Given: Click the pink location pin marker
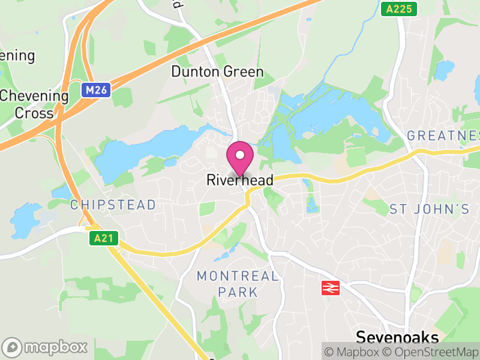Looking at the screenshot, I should [240, 160].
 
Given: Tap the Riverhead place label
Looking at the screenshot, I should [240, 180].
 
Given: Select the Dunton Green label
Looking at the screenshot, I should [217, 72].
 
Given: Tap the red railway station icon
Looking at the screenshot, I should [329, 288].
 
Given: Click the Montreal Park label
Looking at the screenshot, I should [238, 284].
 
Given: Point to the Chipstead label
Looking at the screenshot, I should [113, 205].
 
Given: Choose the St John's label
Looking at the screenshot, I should [429, 209].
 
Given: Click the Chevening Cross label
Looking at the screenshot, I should [34, 104].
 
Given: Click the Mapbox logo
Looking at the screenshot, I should [46, 347].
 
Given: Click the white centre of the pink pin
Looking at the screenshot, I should [240, 155].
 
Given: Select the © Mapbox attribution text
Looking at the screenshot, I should [355, 352].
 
